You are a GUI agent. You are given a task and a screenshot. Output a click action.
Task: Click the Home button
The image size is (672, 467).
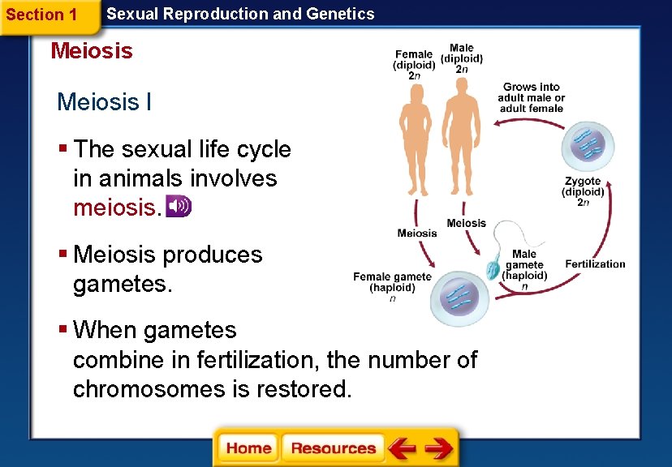coord(248,448)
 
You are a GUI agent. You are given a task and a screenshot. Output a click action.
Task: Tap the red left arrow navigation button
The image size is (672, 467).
coord(402,448)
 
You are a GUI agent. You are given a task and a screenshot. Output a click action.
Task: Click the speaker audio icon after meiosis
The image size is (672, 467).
coord(178,207)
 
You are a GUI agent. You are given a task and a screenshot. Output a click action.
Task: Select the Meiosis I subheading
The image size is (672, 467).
coord(104,102)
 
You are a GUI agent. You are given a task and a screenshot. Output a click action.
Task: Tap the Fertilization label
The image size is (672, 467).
coord(595,263)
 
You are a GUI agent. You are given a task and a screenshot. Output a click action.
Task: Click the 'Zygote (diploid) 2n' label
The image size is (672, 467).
coord(583,192)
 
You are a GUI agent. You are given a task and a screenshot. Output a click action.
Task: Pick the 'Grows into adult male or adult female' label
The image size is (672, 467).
coord(531,97)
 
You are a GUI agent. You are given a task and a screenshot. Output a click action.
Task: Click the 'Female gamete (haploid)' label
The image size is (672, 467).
coord(392,283)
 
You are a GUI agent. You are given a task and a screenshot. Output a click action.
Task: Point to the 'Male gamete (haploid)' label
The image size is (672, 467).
coord(524,265)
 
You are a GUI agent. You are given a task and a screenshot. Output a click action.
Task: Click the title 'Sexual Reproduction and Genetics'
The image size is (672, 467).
coord(240,14)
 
